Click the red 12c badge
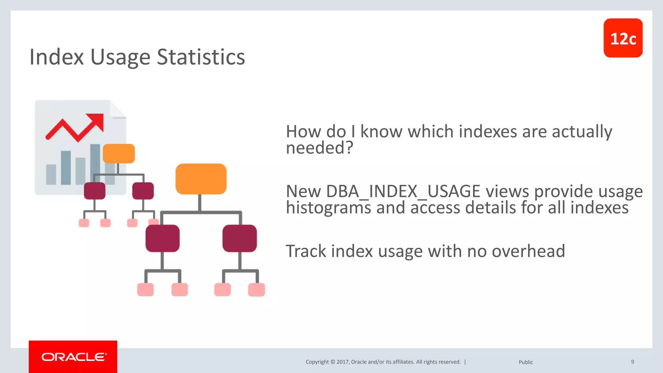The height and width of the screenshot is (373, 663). tap(623, 38)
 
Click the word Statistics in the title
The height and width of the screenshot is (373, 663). tap(201, 57)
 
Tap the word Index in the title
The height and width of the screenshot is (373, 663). tap(57, 57)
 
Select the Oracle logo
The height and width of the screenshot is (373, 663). tap(73, 357)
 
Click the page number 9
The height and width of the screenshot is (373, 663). tap(632, 362)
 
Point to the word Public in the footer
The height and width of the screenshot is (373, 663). tap(526, 362)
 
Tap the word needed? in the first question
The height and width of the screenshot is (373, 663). tap(319, 148)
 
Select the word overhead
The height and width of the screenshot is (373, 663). tap(528, 251)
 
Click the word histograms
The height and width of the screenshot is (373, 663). tap(328, 208)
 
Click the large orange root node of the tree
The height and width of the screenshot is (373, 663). tap(201, 179)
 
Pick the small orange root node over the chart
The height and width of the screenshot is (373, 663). tap(118, 153)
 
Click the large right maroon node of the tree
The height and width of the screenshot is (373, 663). tap(240, 238)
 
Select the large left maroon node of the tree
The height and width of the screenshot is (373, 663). tap(162, 238)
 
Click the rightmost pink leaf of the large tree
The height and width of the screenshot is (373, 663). tap(256, 289)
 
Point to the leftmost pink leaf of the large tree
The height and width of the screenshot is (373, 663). tap(145, 289)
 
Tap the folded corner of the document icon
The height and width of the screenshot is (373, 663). tap(117, 109)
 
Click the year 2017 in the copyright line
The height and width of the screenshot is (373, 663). tap(342, 362)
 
